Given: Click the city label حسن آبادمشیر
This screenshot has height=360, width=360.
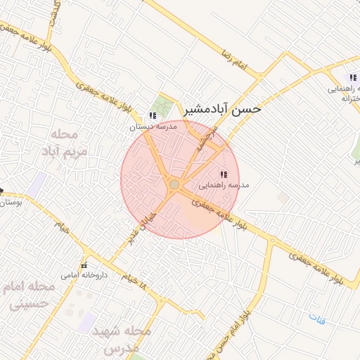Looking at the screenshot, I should point(222,109).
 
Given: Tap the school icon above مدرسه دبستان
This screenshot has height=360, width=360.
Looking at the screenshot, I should point(153,116).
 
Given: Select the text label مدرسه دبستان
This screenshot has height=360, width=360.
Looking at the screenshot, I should point(150,127).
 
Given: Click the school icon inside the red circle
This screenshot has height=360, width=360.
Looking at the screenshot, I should point(224,174).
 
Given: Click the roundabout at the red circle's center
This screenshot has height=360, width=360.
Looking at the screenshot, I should point(174,184).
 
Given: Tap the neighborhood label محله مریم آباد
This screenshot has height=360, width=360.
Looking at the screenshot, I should point(70,142).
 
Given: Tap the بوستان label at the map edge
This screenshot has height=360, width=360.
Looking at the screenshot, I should point(10,202).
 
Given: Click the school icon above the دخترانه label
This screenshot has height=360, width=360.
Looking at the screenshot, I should point(353,77).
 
